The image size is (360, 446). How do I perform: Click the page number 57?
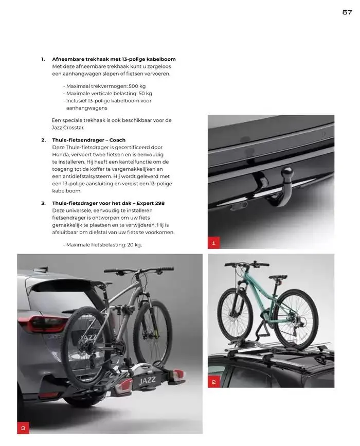coord(347,12)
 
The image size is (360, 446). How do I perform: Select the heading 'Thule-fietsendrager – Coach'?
coord(88,140)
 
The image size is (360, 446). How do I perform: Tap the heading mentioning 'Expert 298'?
coord(108,203)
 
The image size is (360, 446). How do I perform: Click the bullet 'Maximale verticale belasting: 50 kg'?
coord(109,94)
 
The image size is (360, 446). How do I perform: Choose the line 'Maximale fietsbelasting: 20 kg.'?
coord(103,245)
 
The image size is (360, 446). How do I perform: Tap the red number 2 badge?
coord(213,382)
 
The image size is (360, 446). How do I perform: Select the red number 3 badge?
coord(23,428)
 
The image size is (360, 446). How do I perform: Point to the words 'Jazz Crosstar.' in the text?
coord(68,127)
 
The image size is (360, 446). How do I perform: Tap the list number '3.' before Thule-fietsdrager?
coord(43,203)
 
